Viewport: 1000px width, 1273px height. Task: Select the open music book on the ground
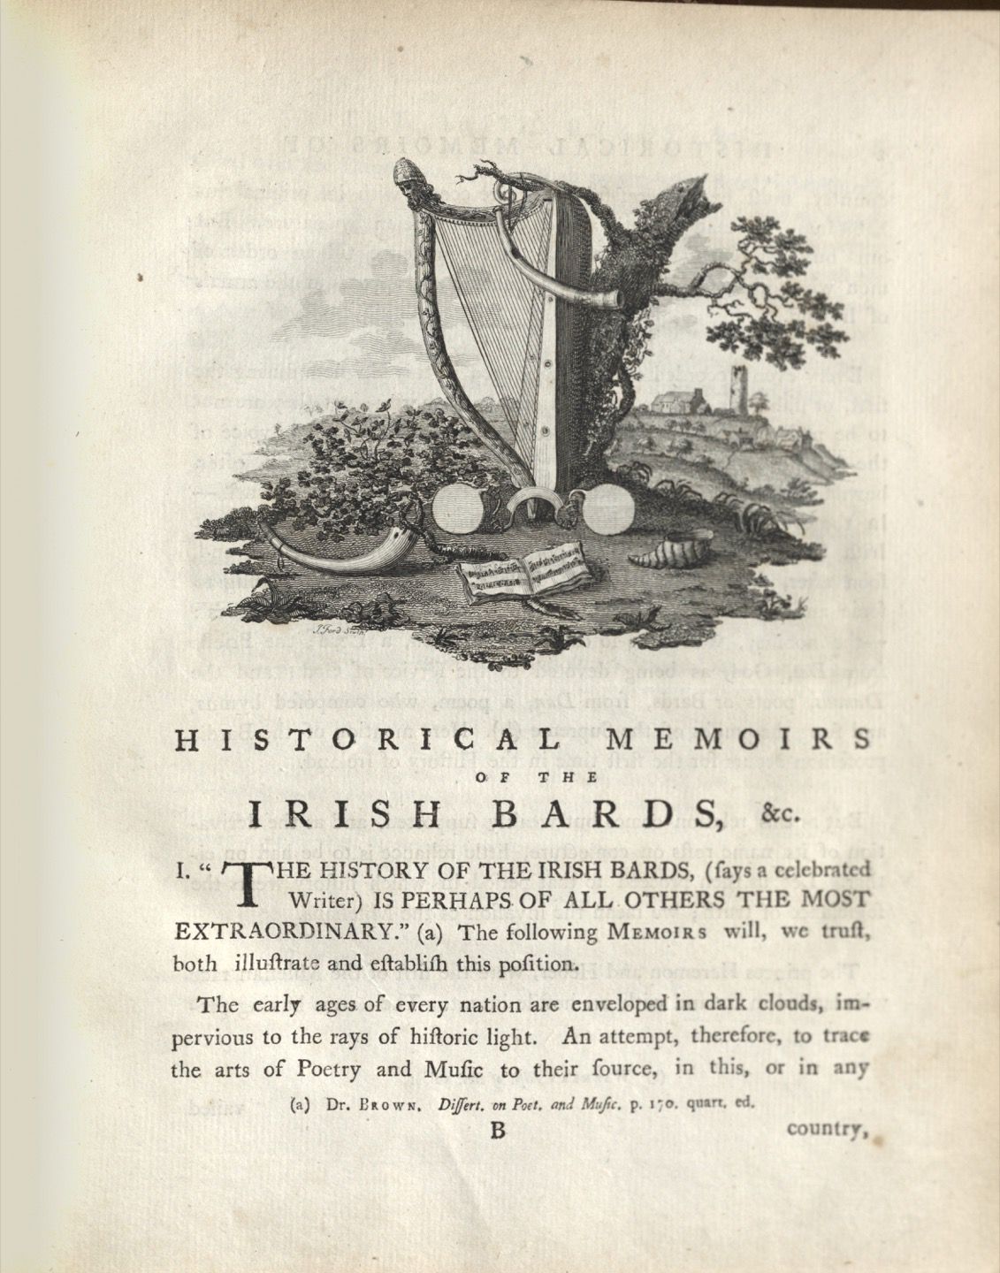click(523, 573)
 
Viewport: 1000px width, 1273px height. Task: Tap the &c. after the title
click(782, 814)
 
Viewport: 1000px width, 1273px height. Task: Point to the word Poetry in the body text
click(328, 1070)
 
